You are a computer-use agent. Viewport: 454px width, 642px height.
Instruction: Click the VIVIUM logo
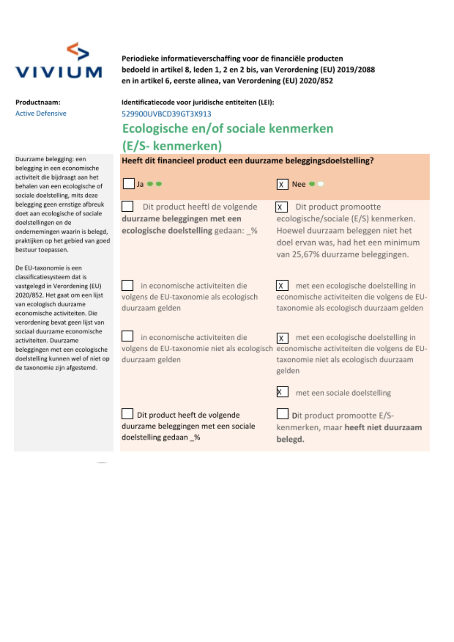click(59, 61)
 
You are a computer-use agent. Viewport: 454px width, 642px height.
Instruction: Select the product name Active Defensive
click(41, 114)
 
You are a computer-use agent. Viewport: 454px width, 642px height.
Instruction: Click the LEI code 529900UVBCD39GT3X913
click(166, 114)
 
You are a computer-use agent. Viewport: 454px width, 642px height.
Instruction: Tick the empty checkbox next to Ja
click(128, 184)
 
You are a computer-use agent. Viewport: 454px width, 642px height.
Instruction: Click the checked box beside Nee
click(282, 184)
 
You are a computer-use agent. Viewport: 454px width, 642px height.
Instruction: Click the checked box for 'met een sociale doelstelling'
click(282, 392)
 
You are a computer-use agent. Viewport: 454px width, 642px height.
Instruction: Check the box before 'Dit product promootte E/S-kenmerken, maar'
click(282, 414)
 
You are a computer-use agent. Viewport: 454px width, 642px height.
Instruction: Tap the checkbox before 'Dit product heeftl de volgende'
click(128, 206)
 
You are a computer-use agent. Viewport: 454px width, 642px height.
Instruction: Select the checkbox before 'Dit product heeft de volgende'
click(128, 414)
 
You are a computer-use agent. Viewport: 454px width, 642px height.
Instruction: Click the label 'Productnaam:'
click(38, 103)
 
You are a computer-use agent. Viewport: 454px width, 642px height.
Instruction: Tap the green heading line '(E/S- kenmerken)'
click(172, 146)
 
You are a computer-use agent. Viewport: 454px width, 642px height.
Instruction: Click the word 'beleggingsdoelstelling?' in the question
click(329, 160)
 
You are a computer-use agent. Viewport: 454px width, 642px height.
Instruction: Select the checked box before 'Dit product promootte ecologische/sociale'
click(281, 207)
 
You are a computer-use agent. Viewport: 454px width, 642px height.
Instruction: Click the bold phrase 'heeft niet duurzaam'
click(383, 427)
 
